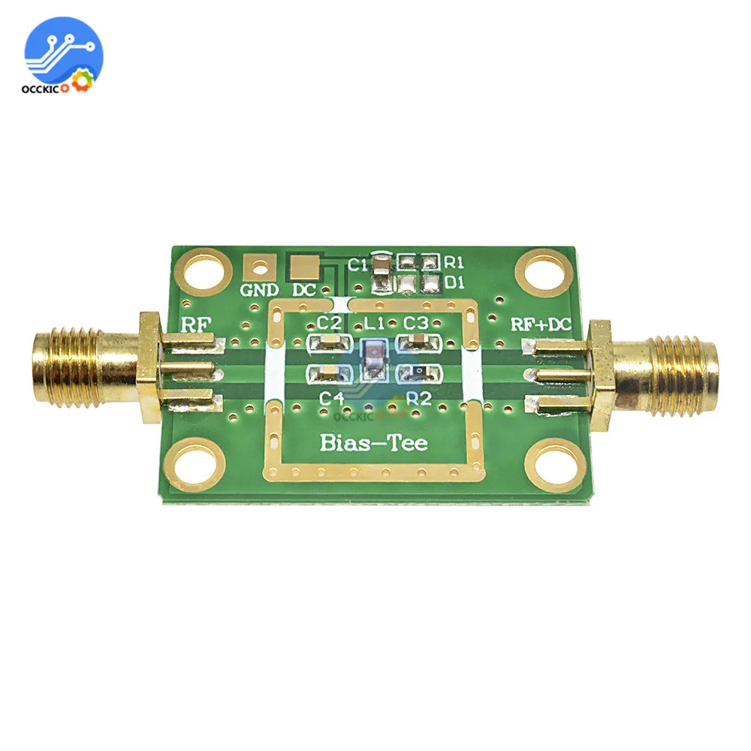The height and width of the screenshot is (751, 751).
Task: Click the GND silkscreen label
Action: [259, 290]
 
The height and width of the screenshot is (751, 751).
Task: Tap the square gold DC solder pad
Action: [304, 268]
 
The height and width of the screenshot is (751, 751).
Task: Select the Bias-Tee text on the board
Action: [373, 442]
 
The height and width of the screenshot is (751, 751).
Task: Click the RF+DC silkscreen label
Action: [541, 324]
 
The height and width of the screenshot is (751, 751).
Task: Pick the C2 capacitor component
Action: [330, 342]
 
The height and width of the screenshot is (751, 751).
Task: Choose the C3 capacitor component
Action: [418, 342]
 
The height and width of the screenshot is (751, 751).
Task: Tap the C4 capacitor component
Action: [330, 372]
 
